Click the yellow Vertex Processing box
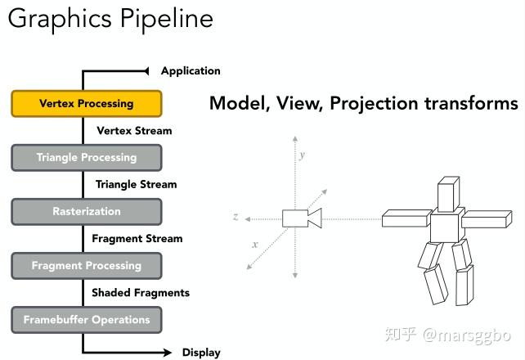[87, 103]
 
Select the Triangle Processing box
[87, 157]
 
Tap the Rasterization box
[87, 212]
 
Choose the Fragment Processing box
[87, 266]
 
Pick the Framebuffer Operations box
[87, 320]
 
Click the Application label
[191, 71]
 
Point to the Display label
[201, 353]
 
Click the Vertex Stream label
[134, 131]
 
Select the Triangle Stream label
[136, 185]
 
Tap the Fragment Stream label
[137, 238]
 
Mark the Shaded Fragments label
[141, 293]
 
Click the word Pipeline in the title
[166, 19]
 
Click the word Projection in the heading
[374, 103]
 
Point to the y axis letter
[303, 155]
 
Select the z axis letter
[236, 217]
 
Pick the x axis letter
[255, 245]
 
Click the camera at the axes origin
[302, 218]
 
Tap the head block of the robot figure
[448, 195]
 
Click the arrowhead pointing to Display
[167, 353]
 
